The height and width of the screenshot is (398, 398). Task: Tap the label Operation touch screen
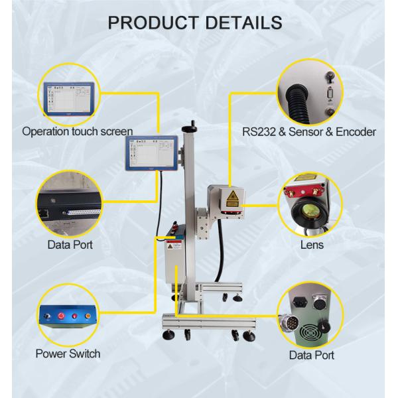coord(78,131)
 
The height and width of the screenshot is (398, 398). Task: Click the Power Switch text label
coord(68,353)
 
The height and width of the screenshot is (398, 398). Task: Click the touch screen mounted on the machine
coord(151,154)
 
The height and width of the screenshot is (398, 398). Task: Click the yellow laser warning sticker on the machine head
coord(233,196)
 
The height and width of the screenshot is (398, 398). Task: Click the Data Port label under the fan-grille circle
coord(311,355)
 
